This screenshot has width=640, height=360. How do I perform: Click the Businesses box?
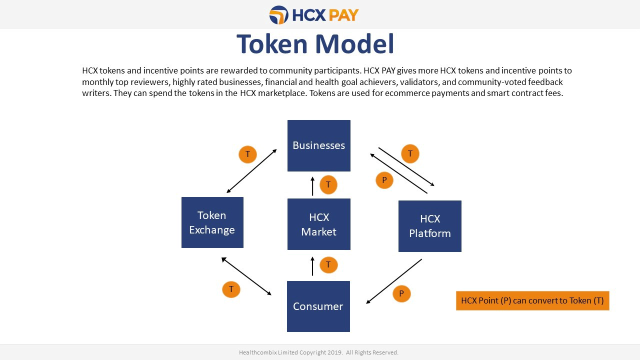pyautogui.click(x=319, y=145)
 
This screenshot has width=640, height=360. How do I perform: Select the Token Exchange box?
pyautogui.click(x=212, y=222)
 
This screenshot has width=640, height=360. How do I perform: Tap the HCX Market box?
pyautogui.click(x=319, y=224)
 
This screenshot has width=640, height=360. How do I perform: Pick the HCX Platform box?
pyautogui.click(x=430, y=226)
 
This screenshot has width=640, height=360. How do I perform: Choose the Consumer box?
pyautogui.click(x=318, y=306)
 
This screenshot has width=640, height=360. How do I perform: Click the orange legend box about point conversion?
pyautogui.click(x=532, y=300)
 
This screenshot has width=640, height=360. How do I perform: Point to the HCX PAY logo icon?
pyautogui.click(x=279, y=15)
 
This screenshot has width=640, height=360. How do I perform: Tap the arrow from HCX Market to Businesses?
pyautogui.click(x=312, y=186)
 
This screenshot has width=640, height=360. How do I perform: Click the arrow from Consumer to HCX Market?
pyautogui.click(x=312, y=266)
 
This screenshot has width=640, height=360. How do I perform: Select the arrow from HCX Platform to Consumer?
pyautogui.click(x=394, y=281)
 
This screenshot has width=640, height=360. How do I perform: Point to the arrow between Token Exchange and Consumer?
pyautogui.click(x=246, y=276)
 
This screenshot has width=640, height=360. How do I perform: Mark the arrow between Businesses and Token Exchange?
pyautogui.click(x=251, y=171)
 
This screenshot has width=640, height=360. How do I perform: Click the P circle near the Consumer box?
pyautogui.click(x=401, y=294)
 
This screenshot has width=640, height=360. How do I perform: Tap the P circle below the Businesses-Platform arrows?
pyautogui.click(x=384, y=180)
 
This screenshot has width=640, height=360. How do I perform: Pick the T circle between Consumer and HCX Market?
pyautogui.click(x=328, y=265)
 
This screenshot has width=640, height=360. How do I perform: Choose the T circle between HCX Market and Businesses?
pyautogui.click(x=328, y=184)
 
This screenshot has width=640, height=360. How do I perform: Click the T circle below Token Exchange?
pyautogui.click(x=231, y=289)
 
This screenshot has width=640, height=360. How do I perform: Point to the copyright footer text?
pyautogui.click(x=318, y=352)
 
